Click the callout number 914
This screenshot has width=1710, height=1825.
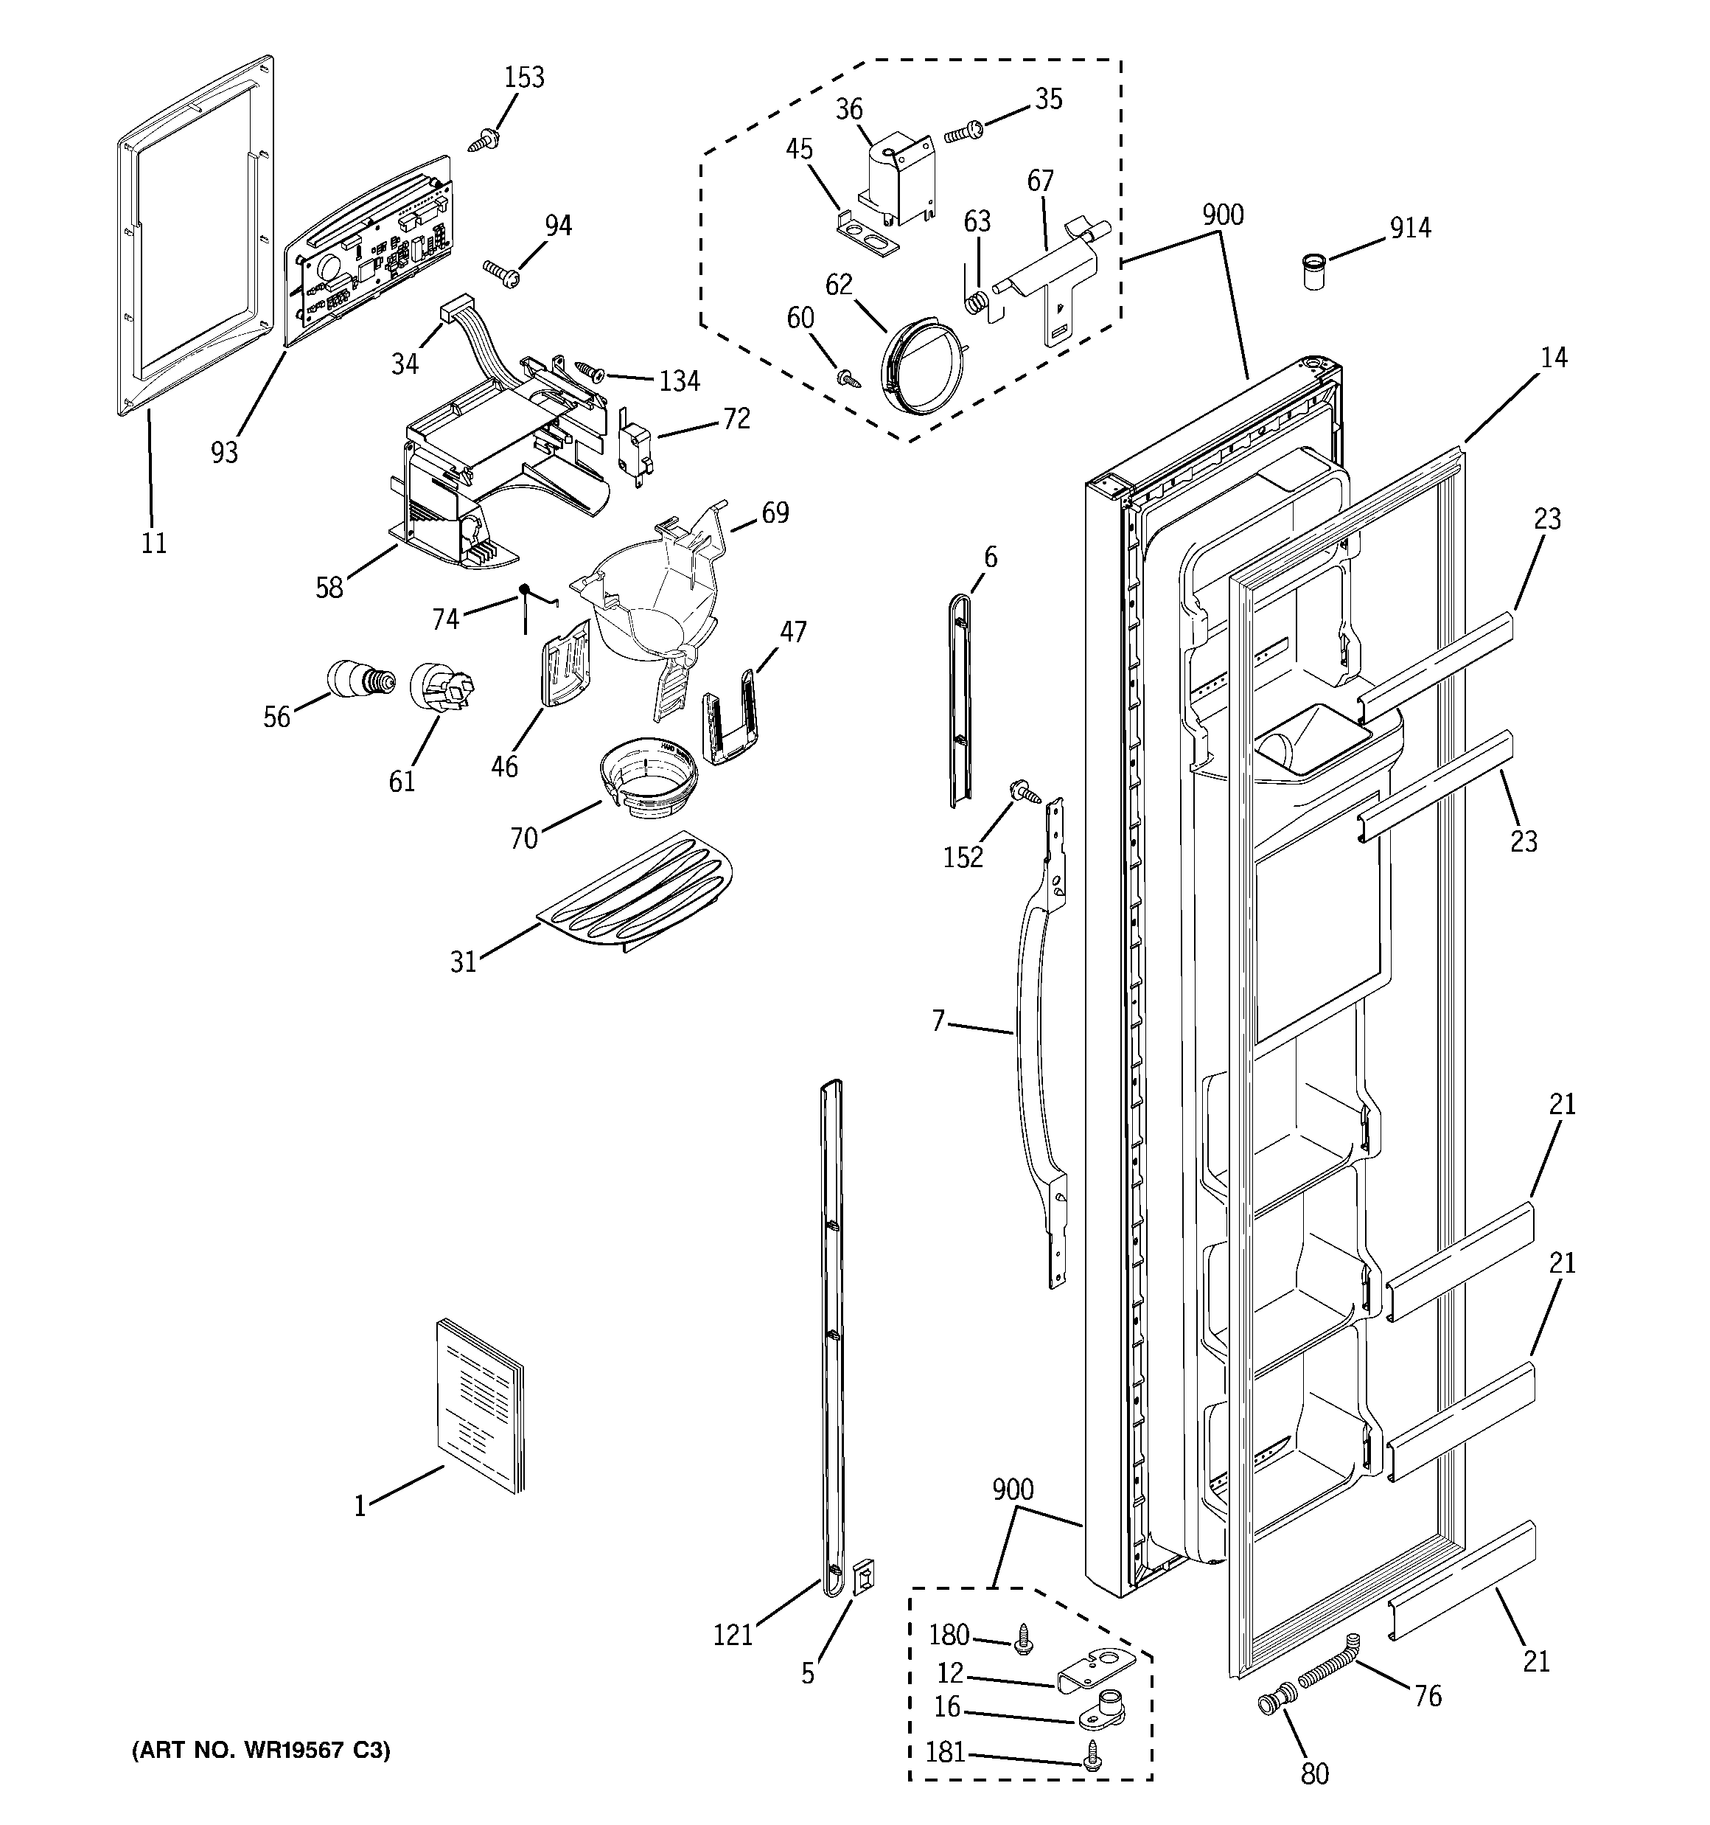click(x=1409, y=228)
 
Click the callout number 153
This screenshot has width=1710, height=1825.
click(x=524, y=78)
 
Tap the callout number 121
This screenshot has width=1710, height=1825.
click(x=733, y=1634)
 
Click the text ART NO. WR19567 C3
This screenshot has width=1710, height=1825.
click(x=262, y=1751)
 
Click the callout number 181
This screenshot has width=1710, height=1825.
click(x=946, y=1753)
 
